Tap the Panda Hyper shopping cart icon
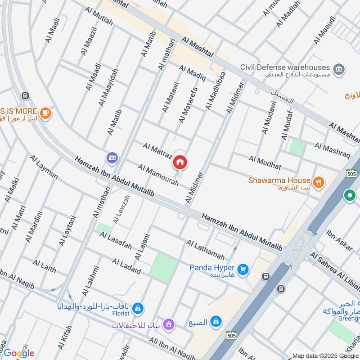(x=243, y=269)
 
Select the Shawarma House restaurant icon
(x=319, y=182)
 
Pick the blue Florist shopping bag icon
(x=139, y=308)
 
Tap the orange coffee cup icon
(x=45, y=113)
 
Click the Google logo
(x=19, y=353)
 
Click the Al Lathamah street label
(x=205, y=250)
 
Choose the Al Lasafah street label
(x=116, y=242)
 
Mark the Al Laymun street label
(x=44, y=167)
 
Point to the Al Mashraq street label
(x=332, y=150)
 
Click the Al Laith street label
(x=44, y=266)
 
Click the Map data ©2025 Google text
(x=325, y=355)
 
